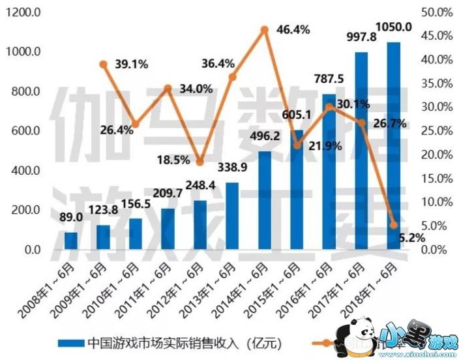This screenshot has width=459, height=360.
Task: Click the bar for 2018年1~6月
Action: point(394,146)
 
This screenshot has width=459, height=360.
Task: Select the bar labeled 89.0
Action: point(71,241)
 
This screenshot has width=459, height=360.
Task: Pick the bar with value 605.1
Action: point(297,190)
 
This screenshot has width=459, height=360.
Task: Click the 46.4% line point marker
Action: point(265,29)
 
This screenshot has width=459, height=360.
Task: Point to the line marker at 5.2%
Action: point(393,225)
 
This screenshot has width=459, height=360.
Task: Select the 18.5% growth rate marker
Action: point(200,162)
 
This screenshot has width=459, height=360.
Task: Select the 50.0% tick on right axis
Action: point(437,12)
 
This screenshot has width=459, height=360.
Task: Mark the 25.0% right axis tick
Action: point(437,131)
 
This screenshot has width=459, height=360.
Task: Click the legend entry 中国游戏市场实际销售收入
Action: point(176,342)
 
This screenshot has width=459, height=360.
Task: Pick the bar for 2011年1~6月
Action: point(168,229)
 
